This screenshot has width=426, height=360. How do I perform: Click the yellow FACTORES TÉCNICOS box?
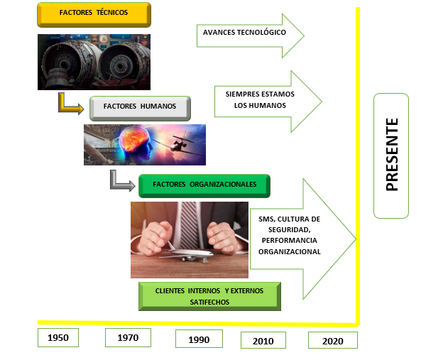tap(94, 15)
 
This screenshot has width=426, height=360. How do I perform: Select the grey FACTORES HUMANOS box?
tap(140, 108)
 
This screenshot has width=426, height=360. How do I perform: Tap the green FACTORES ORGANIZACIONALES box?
tap(204, 186)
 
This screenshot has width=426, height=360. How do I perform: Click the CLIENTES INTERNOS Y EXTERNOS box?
tap(209, 296)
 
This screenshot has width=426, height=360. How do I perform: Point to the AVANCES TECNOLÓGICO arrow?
tap(250, 36)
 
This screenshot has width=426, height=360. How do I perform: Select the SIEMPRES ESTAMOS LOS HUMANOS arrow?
tap(268, 102)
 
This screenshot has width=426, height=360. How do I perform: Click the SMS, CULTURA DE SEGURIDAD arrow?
tap(302, 239)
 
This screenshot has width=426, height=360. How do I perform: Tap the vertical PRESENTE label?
tap(391, 156)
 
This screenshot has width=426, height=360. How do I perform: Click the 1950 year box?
tap(58, 337)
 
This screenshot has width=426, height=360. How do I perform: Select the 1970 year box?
tap(128, 337)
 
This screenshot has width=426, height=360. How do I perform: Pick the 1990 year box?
tap(199, 339)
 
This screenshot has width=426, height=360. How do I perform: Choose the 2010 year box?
tap(263, 340)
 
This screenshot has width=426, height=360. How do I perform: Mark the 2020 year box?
tap(333, 340)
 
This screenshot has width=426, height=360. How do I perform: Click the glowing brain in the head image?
tap(134, 138)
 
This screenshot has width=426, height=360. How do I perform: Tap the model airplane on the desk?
tap(187, 254)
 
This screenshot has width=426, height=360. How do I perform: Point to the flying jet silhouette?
tap(180, 143)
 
